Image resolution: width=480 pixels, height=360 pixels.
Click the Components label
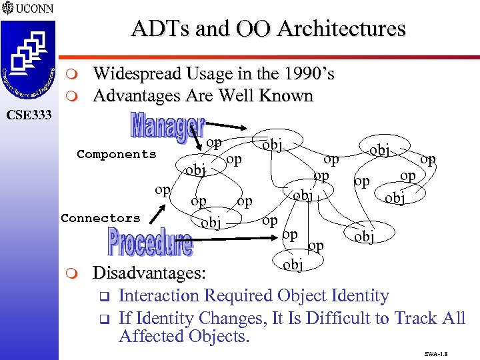tap(116, 154)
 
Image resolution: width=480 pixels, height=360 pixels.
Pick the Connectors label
tap(101, 218)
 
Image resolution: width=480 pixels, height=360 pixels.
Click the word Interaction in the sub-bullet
tap(159, 295)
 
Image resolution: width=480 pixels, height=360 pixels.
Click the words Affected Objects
tap(183, 336)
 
